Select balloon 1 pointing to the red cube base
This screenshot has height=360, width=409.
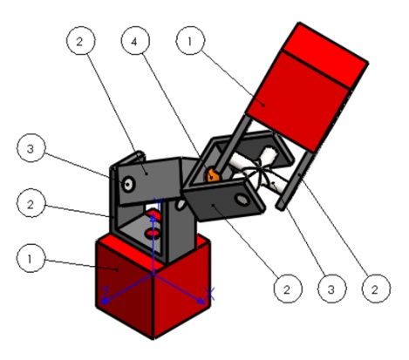[x=31, y=258]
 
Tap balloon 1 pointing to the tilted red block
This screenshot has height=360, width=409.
[x=190, y=40]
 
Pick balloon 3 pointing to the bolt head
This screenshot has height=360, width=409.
[x=31, y=148]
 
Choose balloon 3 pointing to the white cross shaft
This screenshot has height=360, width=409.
[x=332, y=289]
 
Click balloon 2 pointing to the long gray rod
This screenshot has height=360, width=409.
[x=376, y=289]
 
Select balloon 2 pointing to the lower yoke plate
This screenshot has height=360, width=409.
[x=288, y=289]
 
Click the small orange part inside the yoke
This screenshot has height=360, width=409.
[x=212, y=175]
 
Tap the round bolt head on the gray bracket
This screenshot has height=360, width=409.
[x=128, y=184]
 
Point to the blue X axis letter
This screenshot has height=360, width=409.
[x=209, y=294]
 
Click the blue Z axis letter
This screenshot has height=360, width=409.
[x=106, y=291]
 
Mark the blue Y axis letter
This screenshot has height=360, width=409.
[x=158, y=203]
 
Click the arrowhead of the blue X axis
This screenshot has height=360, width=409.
[x=201, y=302]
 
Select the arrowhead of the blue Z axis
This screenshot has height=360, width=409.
[x=105, y=302]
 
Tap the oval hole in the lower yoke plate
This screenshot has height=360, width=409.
[x=242, y=200]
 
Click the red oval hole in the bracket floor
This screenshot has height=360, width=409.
[x=153, y=233]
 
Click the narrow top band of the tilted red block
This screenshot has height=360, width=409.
[x=325, y=55]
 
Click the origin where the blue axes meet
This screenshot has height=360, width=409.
[x=153, y=274]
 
